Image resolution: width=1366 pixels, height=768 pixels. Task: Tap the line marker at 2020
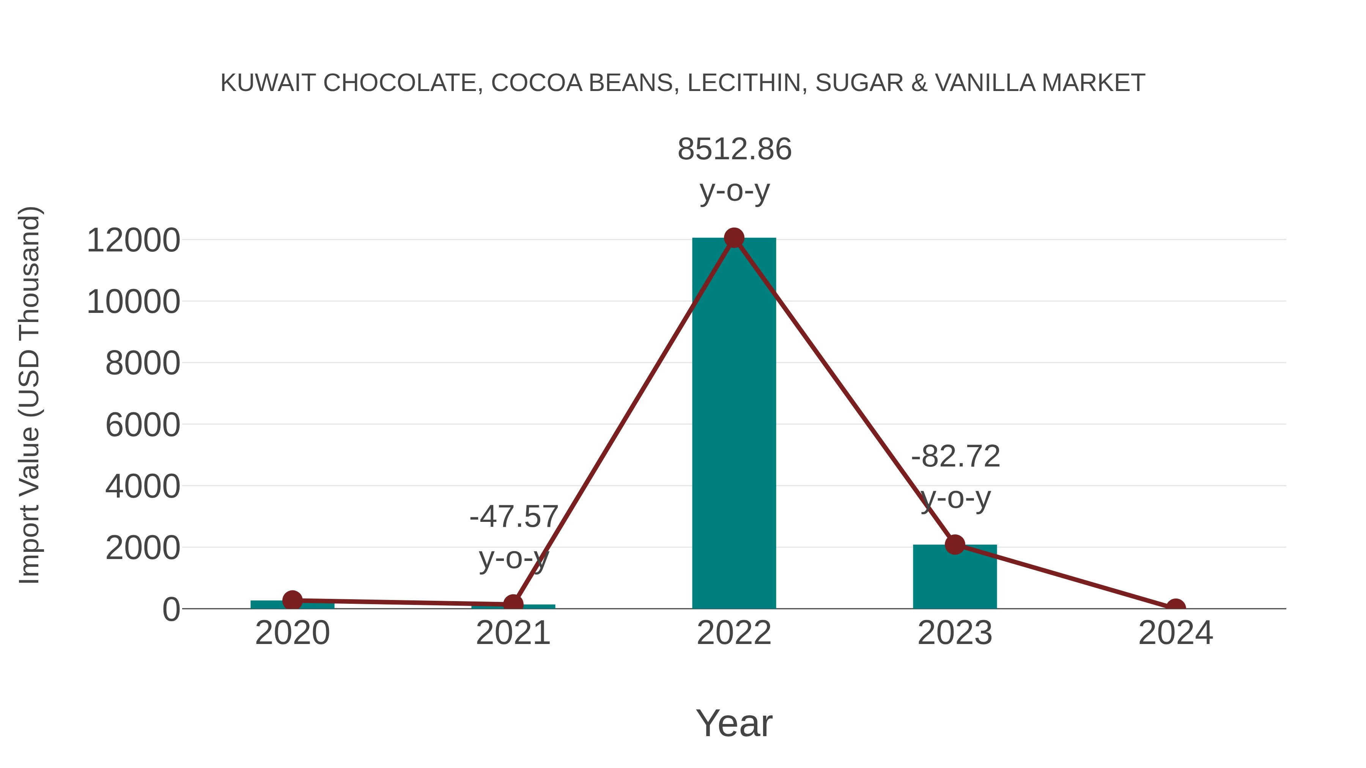pyautogui.click(x=292, y=600)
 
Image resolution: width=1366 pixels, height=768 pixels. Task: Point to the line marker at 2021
pyautogui.click(x=513, y=604)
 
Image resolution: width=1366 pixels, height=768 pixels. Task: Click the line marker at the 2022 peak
pyautogui.click(x=734, y=238)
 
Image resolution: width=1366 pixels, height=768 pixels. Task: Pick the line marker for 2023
pyautogui.click(x=955, y=544)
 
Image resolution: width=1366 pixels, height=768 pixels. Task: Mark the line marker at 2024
pyautogui.click(x=1176, y=608)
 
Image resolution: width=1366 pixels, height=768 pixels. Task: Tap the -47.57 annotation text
pyautogui.click(x=514, y=517)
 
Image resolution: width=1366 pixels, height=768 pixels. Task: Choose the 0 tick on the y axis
pyautogui.click(x=171, y=609)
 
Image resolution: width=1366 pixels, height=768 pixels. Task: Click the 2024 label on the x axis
pyautogui.click(x=1176, y=633)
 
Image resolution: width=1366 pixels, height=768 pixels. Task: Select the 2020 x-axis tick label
pyautogui.click(x=292, y=633)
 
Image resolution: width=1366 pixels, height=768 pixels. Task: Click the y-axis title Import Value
pyautogui.click(x=30, y=396)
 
